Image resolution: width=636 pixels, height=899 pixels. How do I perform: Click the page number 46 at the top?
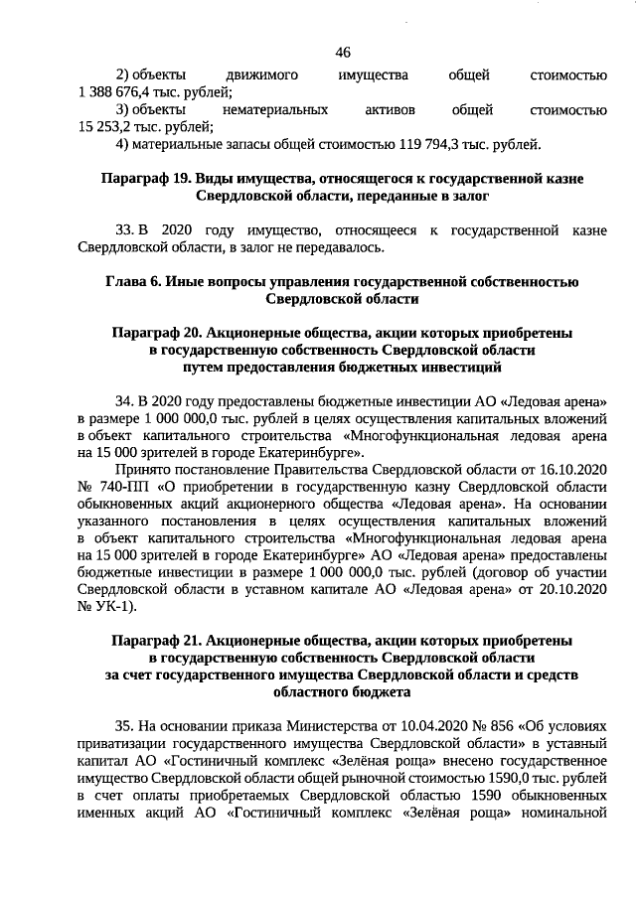343,52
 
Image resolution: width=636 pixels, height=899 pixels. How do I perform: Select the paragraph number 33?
125,230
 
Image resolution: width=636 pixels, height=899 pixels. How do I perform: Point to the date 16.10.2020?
570,470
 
